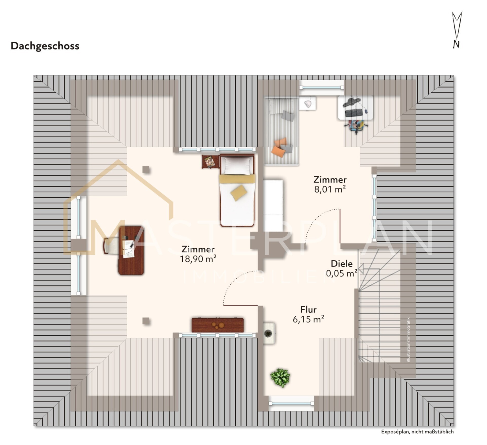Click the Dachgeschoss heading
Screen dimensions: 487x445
(45, 46)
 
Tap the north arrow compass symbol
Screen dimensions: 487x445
(457, 30)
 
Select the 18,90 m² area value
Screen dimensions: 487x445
(198, 259)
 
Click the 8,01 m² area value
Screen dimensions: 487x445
(330, 189)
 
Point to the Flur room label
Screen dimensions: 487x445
(308, 310)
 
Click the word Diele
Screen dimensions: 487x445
(342, 264)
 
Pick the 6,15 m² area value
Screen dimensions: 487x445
(308, 319)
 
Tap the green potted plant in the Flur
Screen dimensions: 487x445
(280, 378)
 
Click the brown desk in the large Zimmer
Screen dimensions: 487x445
(131, 251)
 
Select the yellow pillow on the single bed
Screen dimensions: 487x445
(239, 193)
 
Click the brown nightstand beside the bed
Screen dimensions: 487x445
(211, 162)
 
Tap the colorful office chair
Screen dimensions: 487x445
(356, 125)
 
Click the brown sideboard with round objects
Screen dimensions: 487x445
(218, 325)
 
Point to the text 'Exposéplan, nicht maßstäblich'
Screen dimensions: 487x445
(417, 432)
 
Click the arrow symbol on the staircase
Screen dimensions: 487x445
(360, 269)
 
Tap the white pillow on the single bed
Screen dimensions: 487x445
(237, 165)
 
